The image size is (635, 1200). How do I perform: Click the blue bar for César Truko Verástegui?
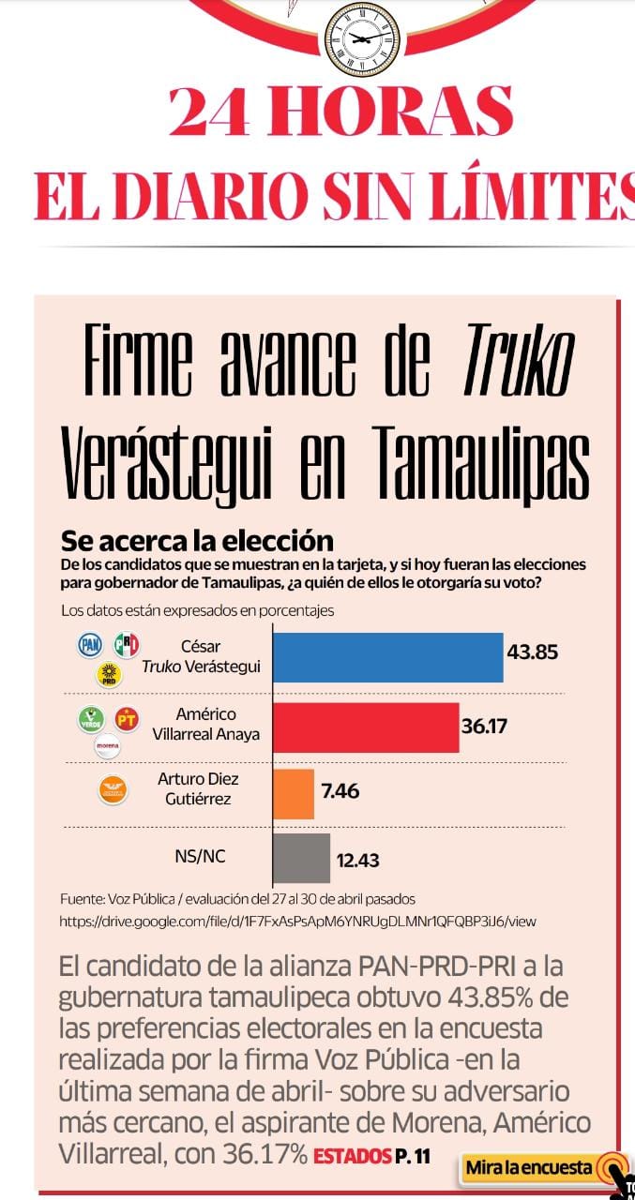[x=388, y=657]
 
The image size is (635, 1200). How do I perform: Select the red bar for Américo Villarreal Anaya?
[x=366, y=727]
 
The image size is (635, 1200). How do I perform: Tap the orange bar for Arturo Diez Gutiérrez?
[x=294, y=794]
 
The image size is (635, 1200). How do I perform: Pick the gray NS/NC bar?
[x=302, y=858]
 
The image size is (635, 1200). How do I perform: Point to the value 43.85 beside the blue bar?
[x=532, y=652]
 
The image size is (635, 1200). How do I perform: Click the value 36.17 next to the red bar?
[x=484, y=727]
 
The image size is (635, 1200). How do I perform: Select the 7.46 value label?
[x=340, y=790]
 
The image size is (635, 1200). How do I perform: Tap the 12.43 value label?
[x=358, y=861]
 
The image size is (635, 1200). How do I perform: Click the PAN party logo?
[x=90, y=644]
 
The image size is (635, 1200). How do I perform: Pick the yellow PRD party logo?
[x=109, y=675]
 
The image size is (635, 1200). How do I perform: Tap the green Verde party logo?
[x=91, y=718]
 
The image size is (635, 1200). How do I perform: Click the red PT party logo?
[x=127, y=719]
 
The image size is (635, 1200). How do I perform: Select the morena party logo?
[x=108, y=746]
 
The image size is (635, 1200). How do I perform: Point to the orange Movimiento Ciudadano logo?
[x=113, y=790]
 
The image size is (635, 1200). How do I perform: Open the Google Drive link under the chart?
[x=297, y=922]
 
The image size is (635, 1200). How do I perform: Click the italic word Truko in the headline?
[x=519, y=359]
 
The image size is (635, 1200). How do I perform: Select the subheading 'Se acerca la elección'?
[x=197, y=541]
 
